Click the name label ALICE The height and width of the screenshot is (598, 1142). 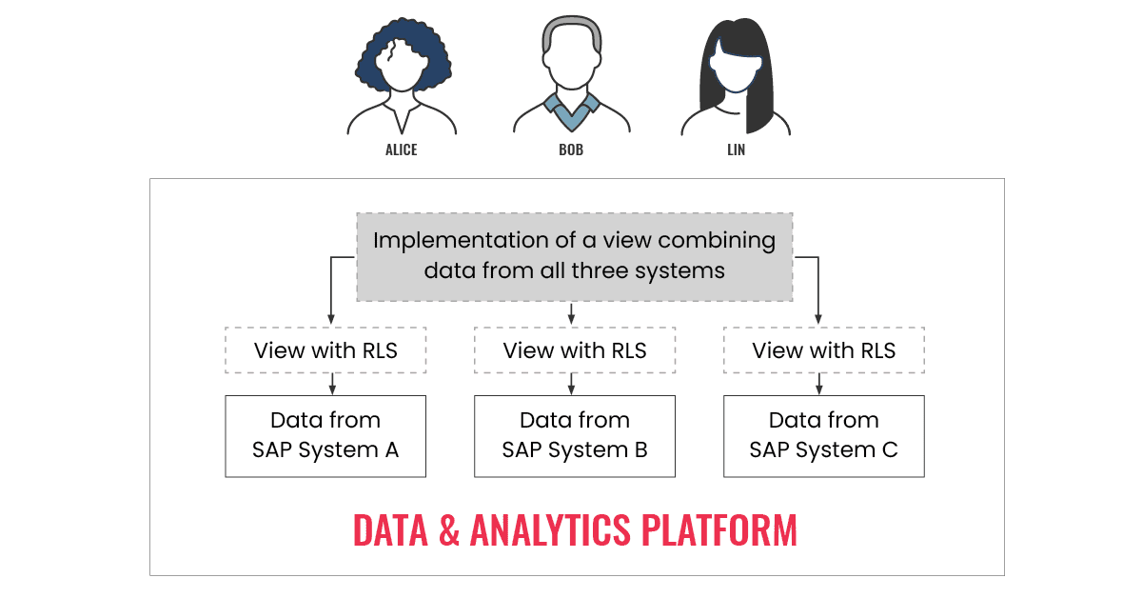pos(401,150)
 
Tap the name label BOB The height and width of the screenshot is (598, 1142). pos(571,150)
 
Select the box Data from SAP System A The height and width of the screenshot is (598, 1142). pos(325,435)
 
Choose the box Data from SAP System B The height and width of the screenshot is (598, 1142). pos(575,435)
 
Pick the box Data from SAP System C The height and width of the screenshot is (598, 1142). pos(824,435)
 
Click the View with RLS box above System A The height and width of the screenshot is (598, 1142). pos(325,350)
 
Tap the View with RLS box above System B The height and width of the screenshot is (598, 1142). pos(575,350)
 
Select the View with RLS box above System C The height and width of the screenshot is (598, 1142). pos(824,350)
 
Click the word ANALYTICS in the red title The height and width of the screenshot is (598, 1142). pos(549,530)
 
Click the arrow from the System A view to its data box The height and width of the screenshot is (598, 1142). pos(330,384)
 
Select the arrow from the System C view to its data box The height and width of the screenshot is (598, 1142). pos(819,384)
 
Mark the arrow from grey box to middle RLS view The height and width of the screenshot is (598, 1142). pos(571,314)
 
